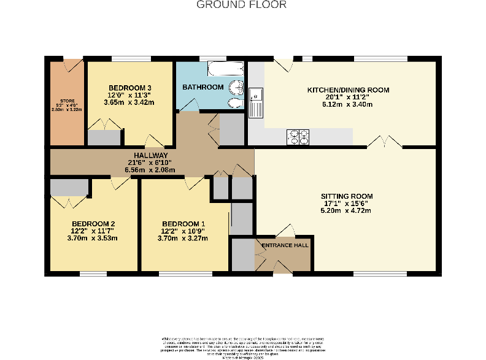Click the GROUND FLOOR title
click(241, 5)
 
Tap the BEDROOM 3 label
click(129, 87)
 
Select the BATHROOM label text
click(202, 87)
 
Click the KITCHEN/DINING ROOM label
click(348, 90)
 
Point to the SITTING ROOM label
click(348, 196)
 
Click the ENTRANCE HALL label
click(285, 245)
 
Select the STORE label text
click(67, 101)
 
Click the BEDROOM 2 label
click(93, 223)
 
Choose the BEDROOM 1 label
click(183, 223)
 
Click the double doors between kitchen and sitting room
click(384, 142)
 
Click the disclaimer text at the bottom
click(242, 347)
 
